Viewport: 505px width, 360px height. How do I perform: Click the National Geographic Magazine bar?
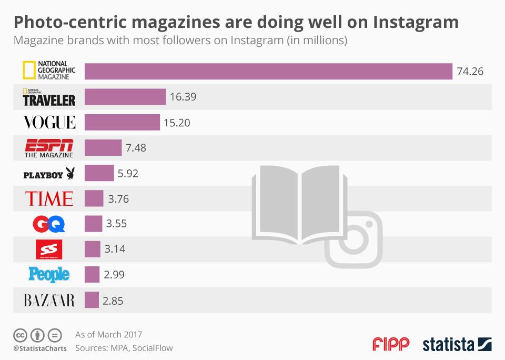(268, 72)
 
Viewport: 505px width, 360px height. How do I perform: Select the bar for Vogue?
(122, 122)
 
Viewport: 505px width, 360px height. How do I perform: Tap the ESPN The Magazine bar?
(103, 148)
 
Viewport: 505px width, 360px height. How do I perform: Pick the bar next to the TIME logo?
(94, 198)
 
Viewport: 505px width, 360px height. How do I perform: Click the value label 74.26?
(470, 72)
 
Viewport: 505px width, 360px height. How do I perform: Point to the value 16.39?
(184, 97)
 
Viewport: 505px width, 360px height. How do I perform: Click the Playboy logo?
(49, 174)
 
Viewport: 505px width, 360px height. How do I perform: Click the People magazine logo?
(49, 274)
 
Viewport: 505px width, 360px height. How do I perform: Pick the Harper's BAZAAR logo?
(49, 301)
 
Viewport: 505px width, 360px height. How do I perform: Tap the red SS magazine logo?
(49, 249)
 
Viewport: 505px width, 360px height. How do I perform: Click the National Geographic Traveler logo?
(49, 97)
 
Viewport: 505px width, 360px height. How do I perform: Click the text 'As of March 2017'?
(108, 334)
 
